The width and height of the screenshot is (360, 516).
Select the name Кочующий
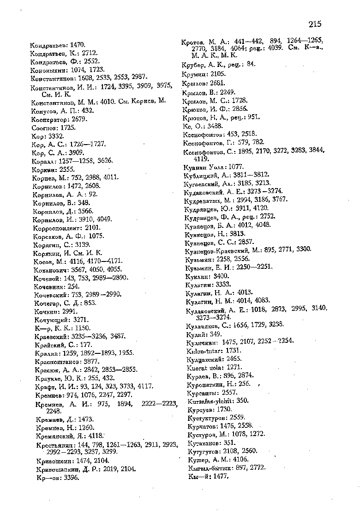click(x=51, y=319)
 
